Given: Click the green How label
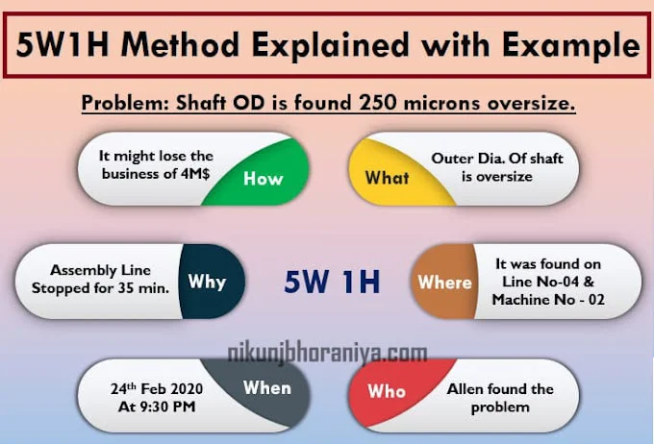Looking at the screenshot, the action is pyautogui.click(x=264, y=179).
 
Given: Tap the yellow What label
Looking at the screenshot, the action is pyautogui.click(x=387, y=178).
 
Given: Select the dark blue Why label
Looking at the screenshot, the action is pyautogui.click(x=207, y=282).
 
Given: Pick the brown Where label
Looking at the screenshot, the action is pyautogui.click(x=444, y=283).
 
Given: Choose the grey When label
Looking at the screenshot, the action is pyautogui.click(x=267, y=388).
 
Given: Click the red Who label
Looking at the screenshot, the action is pyautogui.click(x=387, y=391).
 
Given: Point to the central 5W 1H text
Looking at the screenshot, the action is pyautogui.click(x=332, y=282).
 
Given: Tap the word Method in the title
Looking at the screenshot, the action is pyautogui.click(x=180, y=44).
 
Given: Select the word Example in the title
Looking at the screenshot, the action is pyautogui.click(x=571, y=46).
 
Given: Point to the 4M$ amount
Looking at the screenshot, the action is pyautogui.click(x=195, y=173).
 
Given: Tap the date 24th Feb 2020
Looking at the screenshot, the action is pyautogui.click(x=157, y=388).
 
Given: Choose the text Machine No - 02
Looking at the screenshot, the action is pyautogui.click(x=548, y=300).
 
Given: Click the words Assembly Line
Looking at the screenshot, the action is pyautogui.click(x=100, y=270).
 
